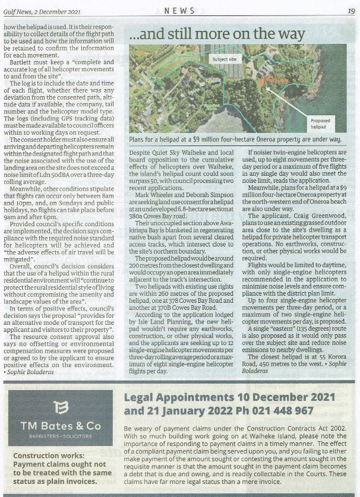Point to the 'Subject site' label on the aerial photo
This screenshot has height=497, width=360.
point(224,59)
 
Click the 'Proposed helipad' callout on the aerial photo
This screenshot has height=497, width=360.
point(320,123)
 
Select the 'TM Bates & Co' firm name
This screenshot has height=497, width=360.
point(61,426)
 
